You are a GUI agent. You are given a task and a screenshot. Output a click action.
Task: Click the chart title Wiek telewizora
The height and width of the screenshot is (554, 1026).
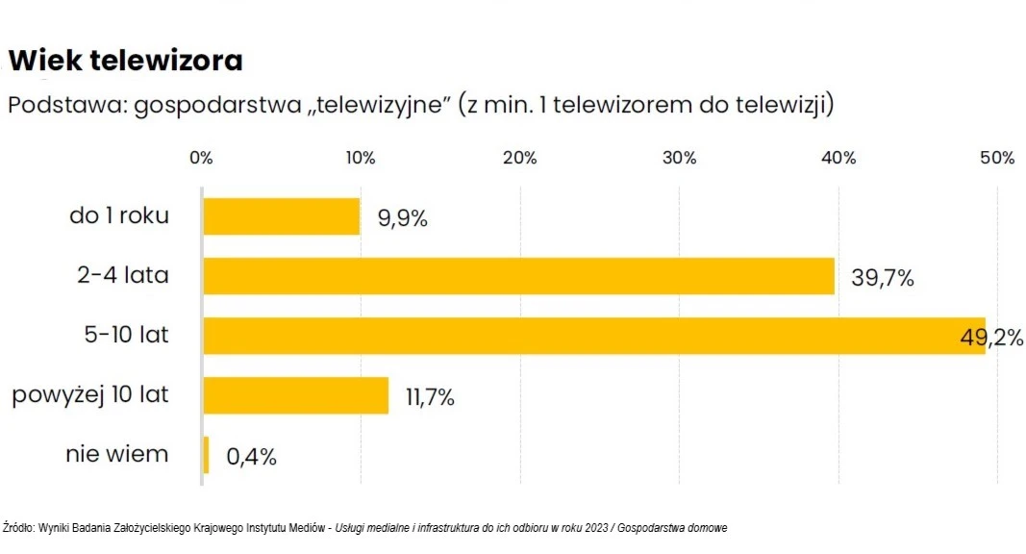coord(125,61)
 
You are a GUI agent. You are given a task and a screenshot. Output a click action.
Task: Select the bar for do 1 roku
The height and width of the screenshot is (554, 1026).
coord(281,216)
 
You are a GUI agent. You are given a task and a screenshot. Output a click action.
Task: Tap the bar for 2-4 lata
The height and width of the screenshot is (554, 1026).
coord(518,276)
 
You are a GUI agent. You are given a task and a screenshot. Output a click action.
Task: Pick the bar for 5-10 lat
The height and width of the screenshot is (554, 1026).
coord(593,336)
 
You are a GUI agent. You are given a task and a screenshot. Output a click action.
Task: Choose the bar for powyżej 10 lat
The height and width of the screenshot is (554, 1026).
coord(295,395)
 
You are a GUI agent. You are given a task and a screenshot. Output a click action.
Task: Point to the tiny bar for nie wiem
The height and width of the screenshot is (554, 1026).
coord(206,455)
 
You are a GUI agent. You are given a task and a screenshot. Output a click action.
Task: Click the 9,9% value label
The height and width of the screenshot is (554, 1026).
coord(402,218)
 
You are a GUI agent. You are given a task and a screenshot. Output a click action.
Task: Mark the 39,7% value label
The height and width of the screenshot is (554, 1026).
coord(882,278)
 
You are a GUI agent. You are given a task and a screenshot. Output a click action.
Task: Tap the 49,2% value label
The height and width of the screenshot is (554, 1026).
coord(991,338)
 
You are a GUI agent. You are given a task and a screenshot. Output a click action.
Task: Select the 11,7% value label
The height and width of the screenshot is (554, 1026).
coord(429,397)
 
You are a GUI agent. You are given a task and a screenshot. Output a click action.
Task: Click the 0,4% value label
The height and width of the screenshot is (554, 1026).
coord(251,457)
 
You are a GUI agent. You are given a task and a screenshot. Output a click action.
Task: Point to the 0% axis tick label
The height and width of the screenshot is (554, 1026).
coord(201,159)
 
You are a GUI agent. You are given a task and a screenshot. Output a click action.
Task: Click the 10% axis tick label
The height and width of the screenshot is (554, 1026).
coord(361,159)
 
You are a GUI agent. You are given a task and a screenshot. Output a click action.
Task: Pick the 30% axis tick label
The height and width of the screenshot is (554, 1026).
coord(679,159)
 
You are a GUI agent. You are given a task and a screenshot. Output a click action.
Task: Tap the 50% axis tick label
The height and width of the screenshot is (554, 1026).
coord(997,159)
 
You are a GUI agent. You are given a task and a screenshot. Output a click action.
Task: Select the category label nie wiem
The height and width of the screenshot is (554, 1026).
coord(117,454)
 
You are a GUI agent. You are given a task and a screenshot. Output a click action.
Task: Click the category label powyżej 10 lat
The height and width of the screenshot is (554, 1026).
coord(90,395)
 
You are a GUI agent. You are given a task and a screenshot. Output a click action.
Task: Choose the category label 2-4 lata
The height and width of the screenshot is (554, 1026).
coord(123,276)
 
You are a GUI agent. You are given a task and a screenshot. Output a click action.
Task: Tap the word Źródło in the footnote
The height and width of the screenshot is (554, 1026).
coord(18,528)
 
